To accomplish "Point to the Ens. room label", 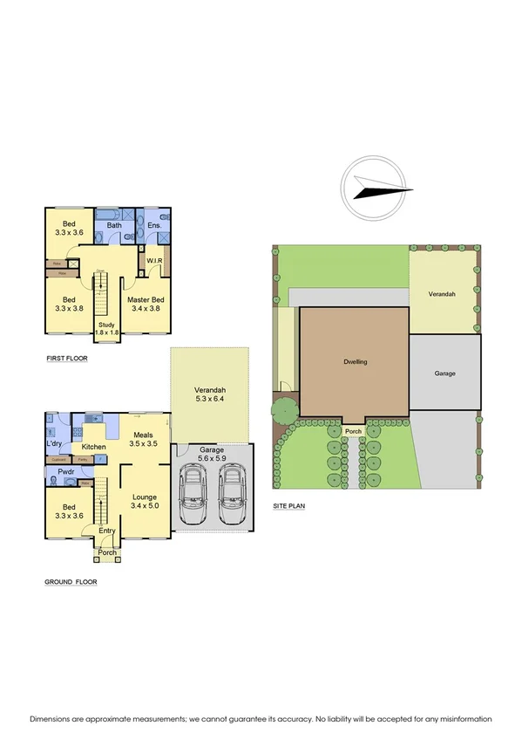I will point(155,226).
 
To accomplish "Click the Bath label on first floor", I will point(114,226).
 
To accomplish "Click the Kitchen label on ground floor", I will point(94,446).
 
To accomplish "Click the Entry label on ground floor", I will point(106,531).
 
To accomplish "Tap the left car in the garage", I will point(193,494).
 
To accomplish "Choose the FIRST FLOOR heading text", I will point(68,359).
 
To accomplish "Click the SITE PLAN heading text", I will point(291,506).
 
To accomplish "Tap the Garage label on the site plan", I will point(444,373).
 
